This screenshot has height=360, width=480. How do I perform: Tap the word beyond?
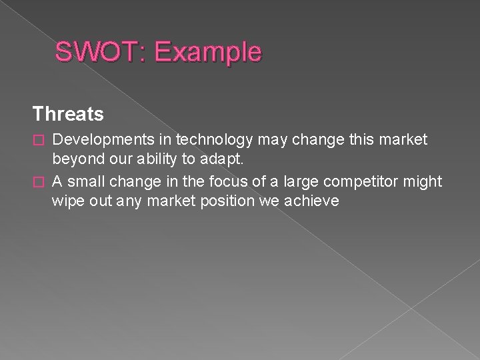75,161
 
